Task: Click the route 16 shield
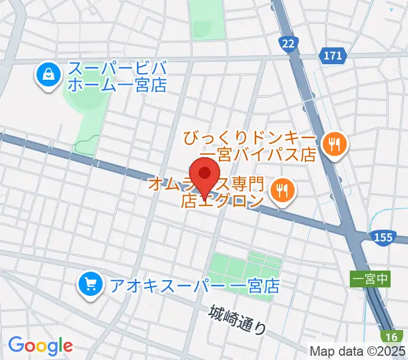[392, 337]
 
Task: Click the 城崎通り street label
[238, 319]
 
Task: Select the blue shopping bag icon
[46, 75]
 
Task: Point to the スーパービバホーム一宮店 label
[116, 76]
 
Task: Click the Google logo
[41, 346]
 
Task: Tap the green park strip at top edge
[207, 18]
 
